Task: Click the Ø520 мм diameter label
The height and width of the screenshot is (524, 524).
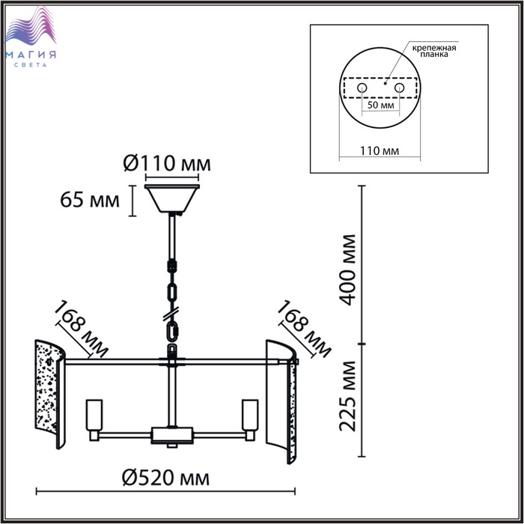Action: [x=165, y=478]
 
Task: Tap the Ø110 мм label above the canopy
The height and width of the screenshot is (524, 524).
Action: [x=167, y=163]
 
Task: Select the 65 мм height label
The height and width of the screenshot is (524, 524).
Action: [x=90, y=201]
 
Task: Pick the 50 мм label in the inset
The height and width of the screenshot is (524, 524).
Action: [x=380, y=105]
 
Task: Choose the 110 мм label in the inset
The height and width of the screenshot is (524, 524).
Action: [x=380, y=150]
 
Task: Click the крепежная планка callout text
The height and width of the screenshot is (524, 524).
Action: [x=433, y=50]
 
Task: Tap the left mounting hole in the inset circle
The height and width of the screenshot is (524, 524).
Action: [x=362, y=88]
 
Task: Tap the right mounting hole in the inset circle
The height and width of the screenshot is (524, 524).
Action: [x=399, y=88]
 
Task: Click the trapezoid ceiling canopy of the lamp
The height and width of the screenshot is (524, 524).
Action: [x=171, y=198]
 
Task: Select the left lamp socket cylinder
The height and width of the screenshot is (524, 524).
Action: [x=94, y=415]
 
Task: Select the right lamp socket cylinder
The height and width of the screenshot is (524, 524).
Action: [x=250, y=415]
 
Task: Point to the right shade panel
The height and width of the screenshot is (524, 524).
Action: [x=281, y=401]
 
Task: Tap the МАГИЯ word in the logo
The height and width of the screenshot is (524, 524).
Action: [x=31, y=55]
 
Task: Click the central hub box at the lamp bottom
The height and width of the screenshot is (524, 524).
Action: [x=171, y=435]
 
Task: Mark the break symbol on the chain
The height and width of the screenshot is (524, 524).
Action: [x=171, y=314]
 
